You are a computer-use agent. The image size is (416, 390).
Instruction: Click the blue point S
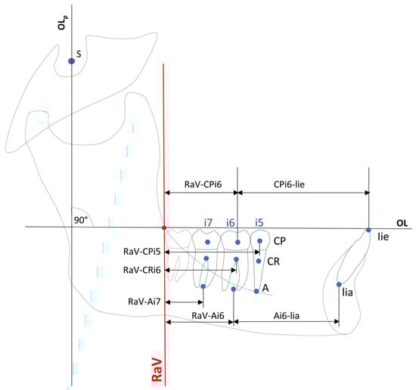(x=71, y=61)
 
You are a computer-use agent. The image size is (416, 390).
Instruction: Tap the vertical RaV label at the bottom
(x=157, y=369)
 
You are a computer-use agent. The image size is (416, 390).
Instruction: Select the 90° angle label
(x=81, y=220)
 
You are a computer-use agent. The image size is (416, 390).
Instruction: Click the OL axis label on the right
(x=402, y=223)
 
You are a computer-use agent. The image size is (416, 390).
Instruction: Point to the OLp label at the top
(x=63, y=23)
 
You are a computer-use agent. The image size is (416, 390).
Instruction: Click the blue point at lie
(x=368, y=230)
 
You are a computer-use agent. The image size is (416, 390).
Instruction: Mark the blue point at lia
(x=339, y=284)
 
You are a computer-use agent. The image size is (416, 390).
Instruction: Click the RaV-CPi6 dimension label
(x=203, y=184)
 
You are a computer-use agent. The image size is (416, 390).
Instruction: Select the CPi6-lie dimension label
(x=289, y=184)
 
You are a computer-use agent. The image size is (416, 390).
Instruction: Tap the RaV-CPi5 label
(x=142, y=252)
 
